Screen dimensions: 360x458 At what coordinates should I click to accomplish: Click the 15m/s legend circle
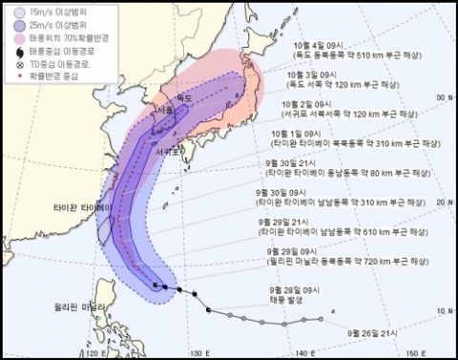[20, 12]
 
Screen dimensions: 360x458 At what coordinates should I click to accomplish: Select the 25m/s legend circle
[20, 27]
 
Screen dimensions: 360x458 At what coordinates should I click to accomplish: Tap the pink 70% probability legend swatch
[20, 39]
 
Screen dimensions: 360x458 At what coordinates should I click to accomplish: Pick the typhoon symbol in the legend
[20, 51]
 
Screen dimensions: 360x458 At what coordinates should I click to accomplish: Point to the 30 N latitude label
[440, 97]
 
